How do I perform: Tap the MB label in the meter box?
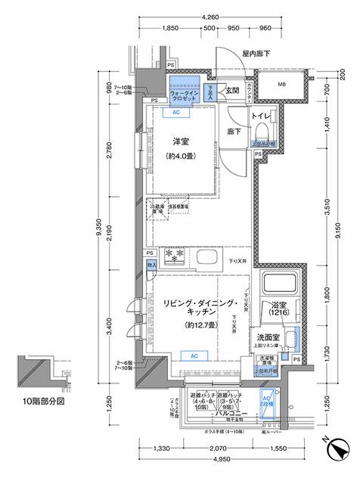click(x=281, y=84)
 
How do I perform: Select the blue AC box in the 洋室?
click(x=176, y=113)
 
